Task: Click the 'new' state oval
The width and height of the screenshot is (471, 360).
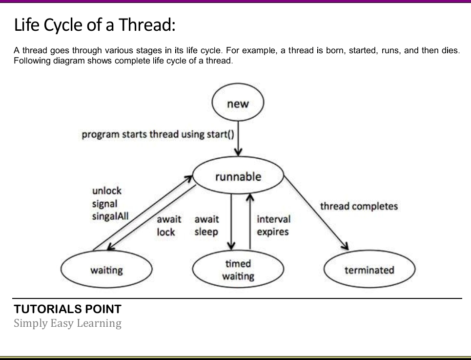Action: pyautogui.click(x=238, y=104)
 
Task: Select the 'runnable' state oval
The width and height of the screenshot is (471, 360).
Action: pyautogui.click(x=238, y=176)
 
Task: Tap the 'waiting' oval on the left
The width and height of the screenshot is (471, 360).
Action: pyautogui.click(x=106, y=270)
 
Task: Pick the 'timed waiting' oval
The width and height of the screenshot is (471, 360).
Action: pyautogui.click(x=238, y=270)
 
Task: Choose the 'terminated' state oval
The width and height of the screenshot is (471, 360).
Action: pyautogui.click(x=369, y=270)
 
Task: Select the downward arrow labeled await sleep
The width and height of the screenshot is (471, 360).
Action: pyautogui.click(x=232, y=220)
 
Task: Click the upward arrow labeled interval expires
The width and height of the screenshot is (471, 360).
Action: pyautogui.click(x=250, y=220)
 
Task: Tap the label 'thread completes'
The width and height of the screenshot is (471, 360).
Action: pyautogui.click(x=359, y=206)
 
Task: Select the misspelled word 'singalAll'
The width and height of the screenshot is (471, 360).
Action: pyautogui.click(x=110, y=216)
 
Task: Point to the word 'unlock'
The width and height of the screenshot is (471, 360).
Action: pyautogui.click(x=106, y=191)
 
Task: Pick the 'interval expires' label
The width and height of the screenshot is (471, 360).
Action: pyautogui.click(x=273, y=226)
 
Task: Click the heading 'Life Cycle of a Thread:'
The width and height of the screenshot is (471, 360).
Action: pyautogui.click(x=95, y=24)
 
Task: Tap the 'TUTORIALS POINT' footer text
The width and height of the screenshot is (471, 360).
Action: pyautogui.click(x=68, y=309)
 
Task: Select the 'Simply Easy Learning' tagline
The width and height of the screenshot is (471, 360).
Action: pyautogui.click(x=67, y=323)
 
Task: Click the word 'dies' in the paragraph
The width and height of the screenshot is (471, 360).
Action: pyautogui.click(x=449, y=50)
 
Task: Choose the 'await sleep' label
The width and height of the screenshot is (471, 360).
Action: pyautogui.click(x=206, y=226)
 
